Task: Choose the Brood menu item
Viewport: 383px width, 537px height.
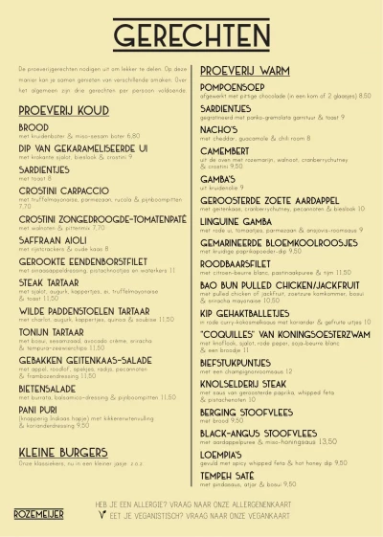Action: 33,127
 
